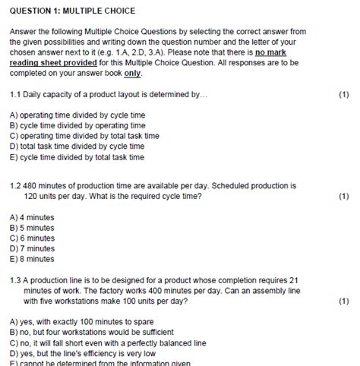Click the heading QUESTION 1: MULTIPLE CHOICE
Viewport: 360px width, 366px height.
point(73,11)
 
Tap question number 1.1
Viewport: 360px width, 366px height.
point(16,96)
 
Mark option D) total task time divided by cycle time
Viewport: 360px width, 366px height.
point(77,147)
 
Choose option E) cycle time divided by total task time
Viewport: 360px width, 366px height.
point(77,157)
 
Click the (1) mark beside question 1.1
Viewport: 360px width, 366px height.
point(344,96)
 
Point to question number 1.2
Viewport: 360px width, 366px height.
point(16,185)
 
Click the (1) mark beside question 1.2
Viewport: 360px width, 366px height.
point(344,195)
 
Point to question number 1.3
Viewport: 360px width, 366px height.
point(16,279)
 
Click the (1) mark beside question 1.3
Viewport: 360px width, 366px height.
point(344,301)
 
